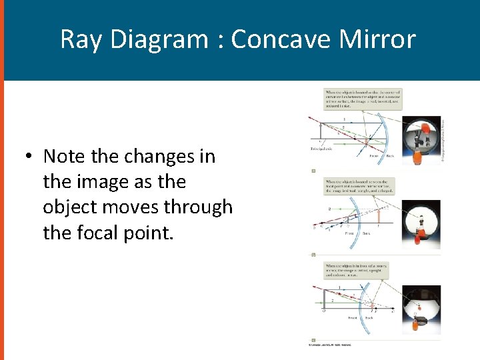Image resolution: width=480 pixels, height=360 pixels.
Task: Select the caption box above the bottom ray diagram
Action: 357,271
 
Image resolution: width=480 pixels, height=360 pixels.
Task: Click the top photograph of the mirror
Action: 422,141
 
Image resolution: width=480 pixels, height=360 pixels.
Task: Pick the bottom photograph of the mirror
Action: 421,309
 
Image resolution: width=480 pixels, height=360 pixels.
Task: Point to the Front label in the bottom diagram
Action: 353,318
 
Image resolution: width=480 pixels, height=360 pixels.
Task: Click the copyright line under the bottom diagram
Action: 330,345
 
